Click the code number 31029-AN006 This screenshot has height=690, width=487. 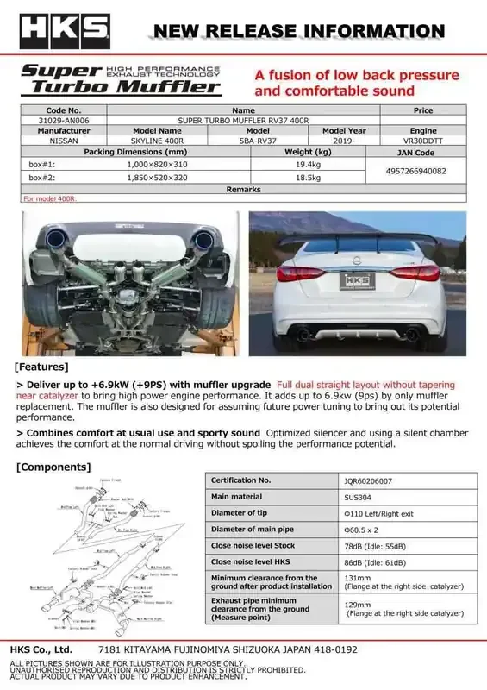[63, 121]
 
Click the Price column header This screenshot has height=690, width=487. [423, 111]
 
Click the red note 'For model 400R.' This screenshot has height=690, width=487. [49, 198]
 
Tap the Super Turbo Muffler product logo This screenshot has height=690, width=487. [120, 78]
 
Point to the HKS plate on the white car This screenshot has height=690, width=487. [359, 281]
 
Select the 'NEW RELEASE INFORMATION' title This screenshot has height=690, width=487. [298, 32]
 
